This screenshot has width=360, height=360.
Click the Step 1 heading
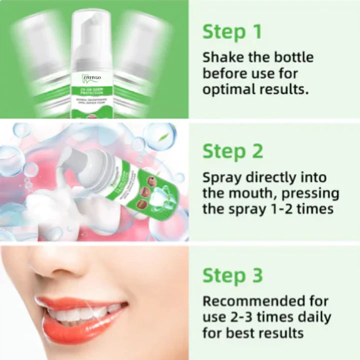click(x=232, y=31)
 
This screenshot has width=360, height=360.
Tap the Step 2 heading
click(x=232, y=151)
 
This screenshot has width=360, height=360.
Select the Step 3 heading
click(x=232, y=275)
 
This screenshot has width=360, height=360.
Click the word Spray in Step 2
click(x=220, y=178)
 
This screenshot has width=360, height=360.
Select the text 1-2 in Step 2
click(x=266, y=209)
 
